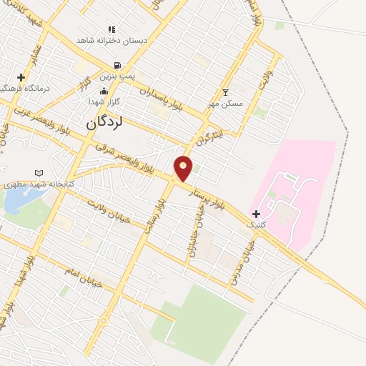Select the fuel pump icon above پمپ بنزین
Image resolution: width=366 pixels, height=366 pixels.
(107, 65)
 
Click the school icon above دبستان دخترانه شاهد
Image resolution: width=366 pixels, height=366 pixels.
(111, 29)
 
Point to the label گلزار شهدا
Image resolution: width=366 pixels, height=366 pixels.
(106, 102)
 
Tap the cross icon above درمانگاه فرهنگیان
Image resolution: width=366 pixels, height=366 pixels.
(21, 77)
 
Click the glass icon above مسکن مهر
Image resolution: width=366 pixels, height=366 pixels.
(226, 92)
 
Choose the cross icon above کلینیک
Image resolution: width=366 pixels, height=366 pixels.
(256, 214)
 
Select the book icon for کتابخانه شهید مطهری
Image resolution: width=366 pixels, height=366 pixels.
(39, 173)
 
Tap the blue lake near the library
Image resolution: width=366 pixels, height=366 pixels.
(16, 201)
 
